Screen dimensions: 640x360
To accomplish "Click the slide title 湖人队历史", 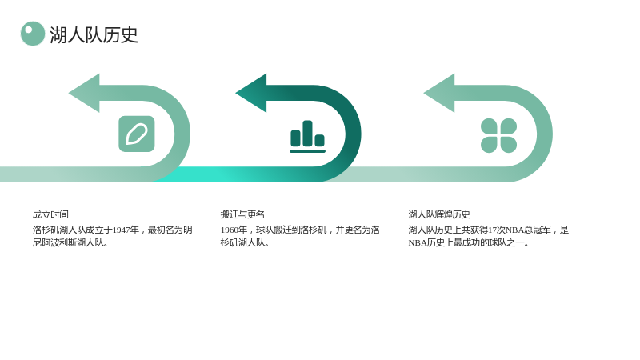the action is [x=94, y=34].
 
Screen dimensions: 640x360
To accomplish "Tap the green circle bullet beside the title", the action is [x=33, y=34].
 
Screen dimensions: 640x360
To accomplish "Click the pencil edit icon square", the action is [x=137, y=134].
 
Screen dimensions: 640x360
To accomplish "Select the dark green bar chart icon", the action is [x=307, y=136].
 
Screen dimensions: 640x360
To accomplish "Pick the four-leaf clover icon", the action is [x=498, y=135].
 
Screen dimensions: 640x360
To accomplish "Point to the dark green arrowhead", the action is [x=251, y=93].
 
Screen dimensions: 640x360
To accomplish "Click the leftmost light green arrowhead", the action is [x=84, y=93].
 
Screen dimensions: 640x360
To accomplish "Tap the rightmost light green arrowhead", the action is [x=439, y=93].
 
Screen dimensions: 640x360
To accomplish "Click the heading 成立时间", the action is [x=50, y=214].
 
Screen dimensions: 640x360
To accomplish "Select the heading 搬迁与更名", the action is [x=242, y=214].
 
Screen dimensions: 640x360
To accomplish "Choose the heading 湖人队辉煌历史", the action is [x=439, y=214].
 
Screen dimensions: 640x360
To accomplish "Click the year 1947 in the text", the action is [x=122, y=230].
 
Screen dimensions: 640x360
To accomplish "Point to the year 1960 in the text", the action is [x=230, y=230].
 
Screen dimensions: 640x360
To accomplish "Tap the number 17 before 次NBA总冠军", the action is [x=493, y=230].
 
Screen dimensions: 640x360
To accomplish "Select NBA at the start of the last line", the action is [x=418, y=243].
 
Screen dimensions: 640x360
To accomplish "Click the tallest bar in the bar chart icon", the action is [x=307, y=133].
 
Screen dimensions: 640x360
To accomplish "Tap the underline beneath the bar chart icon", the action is [x=307, y=151].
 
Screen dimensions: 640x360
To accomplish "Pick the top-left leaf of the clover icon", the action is [x=490, y=126].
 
